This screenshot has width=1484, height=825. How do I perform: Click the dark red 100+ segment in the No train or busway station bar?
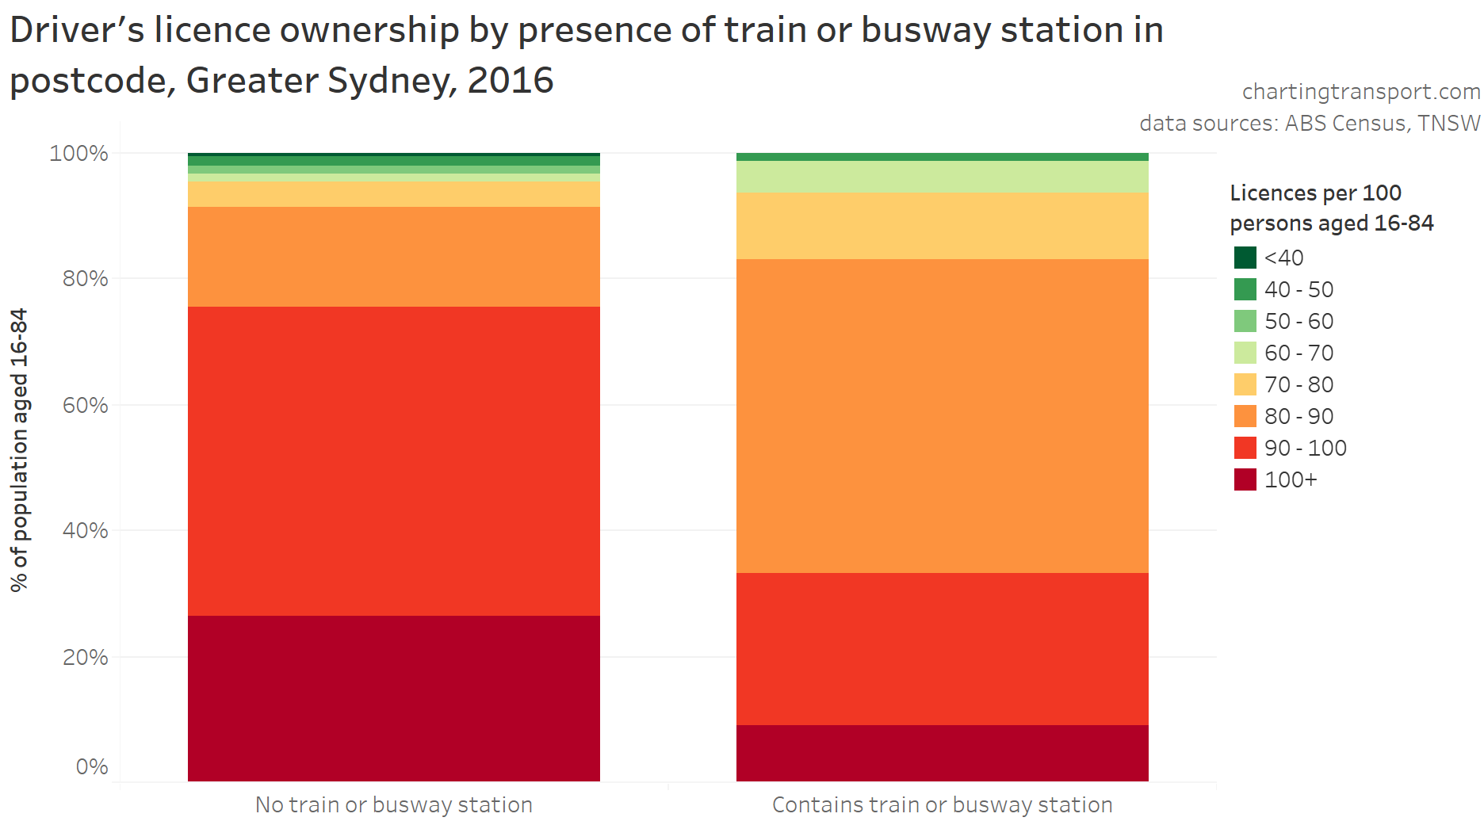point(393,697)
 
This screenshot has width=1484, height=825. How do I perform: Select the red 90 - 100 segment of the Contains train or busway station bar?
point(942,648)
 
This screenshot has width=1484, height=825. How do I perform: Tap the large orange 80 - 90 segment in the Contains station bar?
point(942,415)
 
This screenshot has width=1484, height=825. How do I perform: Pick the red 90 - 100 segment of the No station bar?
point(393,460)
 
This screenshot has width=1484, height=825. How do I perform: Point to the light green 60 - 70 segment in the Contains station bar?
point(942,177)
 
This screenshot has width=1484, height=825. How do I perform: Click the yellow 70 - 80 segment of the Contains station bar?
point(942,226)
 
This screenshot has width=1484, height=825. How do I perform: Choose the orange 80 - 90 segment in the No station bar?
point(393,256)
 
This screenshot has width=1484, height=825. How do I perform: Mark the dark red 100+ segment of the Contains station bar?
point(942,752)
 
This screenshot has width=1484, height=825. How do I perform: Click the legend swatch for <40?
point(1245,258)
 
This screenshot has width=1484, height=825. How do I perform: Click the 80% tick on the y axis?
point(86,279)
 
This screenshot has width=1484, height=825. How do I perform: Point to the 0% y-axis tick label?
point(92,766)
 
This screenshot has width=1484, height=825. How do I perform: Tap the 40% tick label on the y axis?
point(86,530)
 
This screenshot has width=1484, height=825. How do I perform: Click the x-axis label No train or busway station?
point(393,804)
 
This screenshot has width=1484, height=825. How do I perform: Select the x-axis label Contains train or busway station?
point(942,804)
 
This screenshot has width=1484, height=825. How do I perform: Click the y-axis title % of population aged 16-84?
point(19,449)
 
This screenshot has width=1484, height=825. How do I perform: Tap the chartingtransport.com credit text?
point(1360,92)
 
